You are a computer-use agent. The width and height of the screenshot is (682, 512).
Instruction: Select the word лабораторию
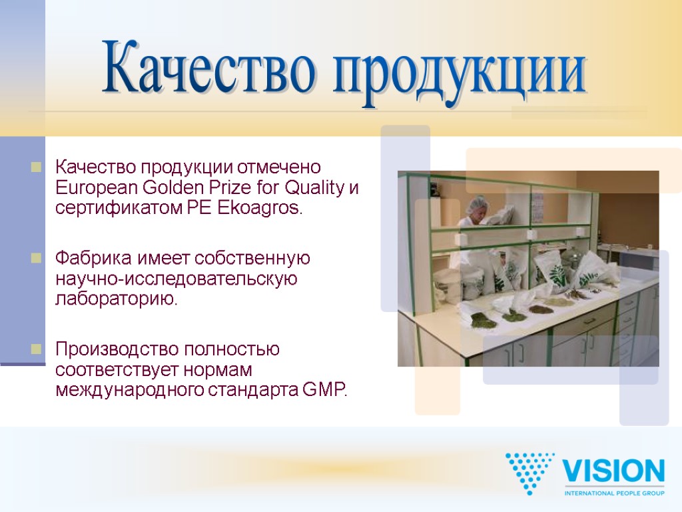click(117, 299)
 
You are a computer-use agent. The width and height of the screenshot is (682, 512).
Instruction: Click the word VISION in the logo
click(613, 472)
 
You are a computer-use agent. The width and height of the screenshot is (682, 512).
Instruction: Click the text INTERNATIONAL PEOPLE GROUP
click(613, 493)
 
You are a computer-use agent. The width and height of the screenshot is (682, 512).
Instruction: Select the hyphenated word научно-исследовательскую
click(176, 278)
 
